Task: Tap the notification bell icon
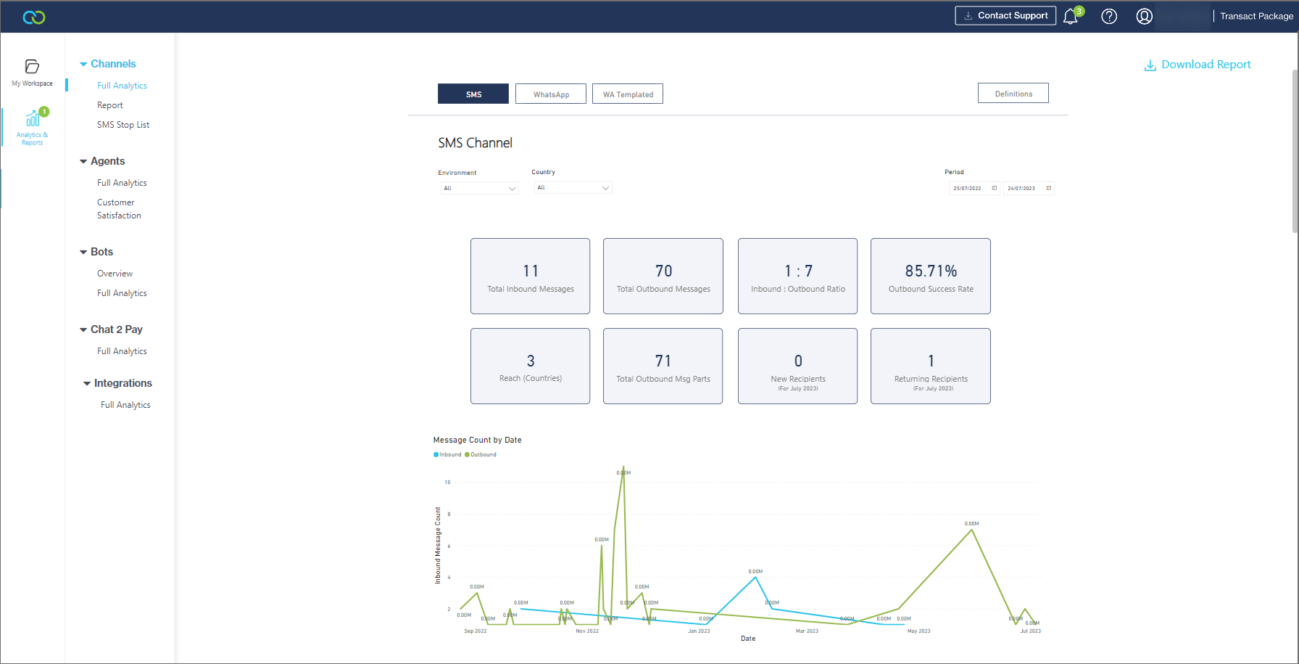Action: point(1071,17)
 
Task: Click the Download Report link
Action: point(1198,65)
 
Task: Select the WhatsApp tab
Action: point(551,94)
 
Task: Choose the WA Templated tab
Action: point(628,94)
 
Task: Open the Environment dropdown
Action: point(479,189)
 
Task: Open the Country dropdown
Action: point(573,188)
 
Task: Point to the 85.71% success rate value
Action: point(931,271)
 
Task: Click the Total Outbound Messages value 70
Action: point(663,271)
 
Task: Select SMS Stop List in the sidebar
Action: point(123,125)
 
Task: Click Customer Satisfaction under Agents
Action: point(119,209)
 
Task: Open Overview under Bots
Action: point(115,274)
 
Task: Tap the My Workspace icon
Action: point(32,71)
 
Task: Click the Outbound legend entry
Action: point(481,455)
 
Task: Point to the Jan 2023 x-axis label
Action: point(699,631)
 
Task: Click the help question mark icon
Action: point(1109,17)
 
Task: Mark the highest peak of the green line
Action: point(623,467)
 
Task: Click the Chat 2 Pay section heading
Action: point(116,329)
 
